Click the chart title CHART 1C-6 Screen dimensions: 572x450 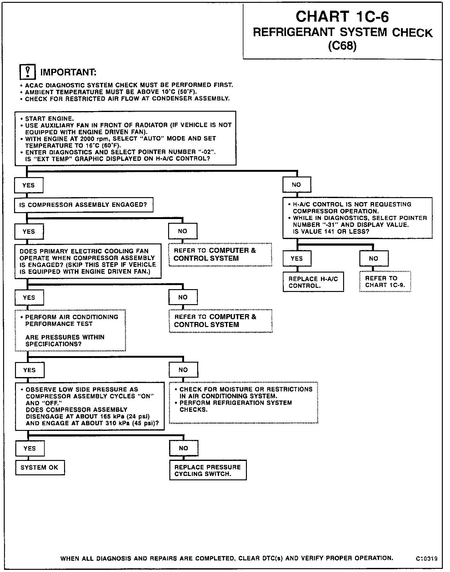[342, 17]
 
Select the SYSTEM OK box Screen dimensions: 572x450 [40, 467]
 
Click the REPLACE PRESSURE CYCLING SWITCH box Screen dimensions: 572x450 [208, 470]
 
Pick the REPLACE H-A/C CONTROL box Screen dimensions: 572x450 [313, 282]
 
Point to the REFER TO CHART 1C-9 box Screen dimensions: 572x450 [385, 281]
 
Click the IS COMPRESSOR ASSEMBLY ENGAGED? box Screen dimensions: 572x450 [83, 205]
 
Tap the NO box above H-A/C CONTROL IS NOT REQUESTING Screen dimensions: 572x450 [297, 185]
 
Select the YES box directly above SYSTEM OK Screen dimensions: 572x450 [30, 448]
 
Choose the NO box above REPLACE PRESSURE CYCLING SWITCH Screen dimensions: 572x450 [184, 448]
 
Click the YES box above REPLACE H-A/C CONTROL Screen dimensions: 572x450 [297, 258]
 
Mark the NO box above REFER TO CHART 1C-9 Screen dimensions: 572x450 [374, 258]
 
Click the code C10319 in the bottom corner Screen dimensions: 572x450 [426, 558]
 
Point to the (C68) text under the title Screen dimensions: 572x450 [342, 46]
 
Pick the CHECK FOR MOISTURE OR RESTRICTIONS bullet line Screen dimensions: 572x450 [246, 389]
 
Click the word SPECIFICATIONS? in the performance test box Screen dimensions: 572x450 [53, 344]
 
